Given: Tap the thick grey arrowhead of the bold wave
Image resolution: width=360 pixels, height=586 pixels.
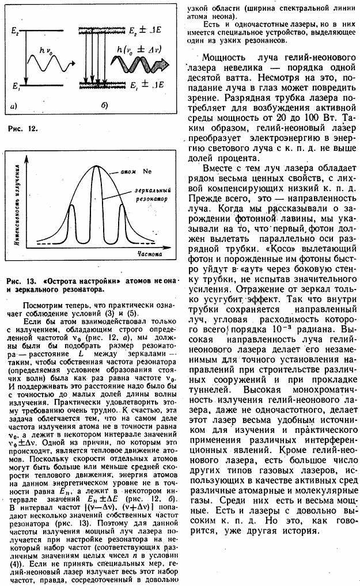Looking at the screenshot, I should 175,61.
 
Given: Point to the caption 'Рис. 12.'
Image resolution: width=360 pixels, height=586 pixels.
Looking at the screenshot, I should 23,130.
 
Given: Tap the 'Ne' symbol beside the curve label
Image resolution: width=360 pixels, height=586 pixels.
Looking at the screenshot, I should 147,172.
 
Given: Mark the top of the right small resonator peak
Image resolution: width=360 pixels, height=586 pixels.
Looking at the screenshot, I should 121,206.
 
